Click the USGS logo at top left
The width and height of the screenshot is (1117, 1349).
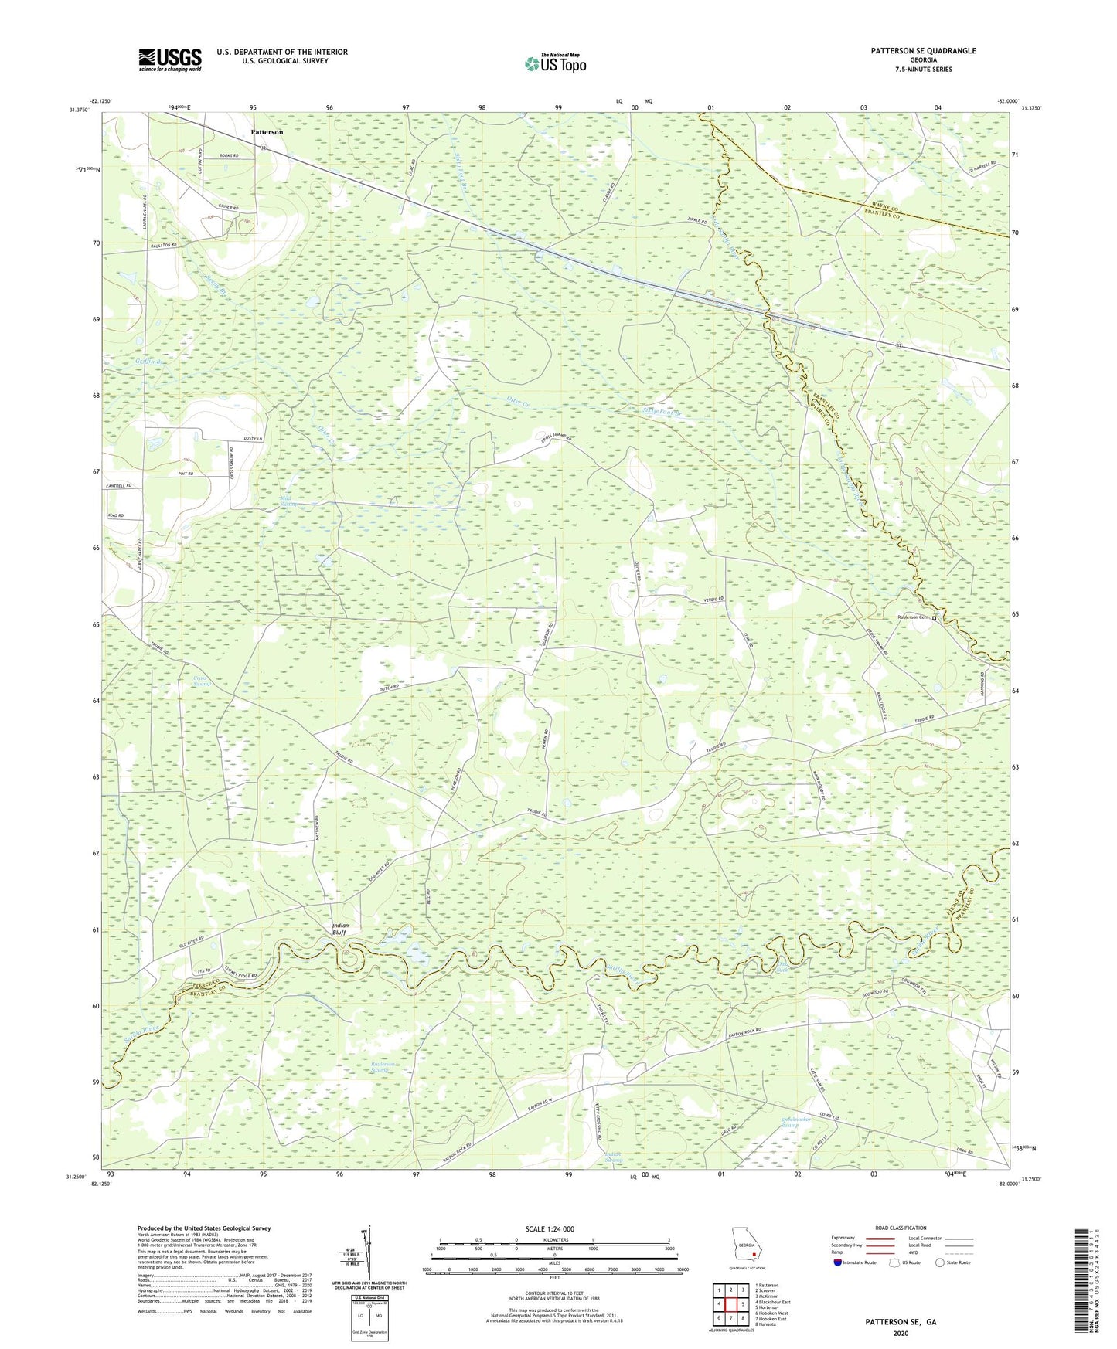pos(170,59)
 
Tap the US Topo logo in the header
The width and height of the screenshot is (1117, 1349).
pos(555,63)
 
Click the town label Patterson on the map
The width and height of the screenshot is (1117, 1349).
pos(267,132)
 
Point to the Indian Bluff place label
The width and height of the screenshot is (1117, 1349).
pos(340,929)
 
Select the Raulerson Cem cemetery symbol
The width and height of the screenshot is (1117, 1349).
pos(934,618)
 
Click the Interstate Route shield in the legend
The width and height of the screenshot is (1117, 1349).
pos(838,1262)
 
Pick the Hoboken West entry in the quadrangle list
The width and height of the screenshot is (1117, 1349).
pos(773,1313)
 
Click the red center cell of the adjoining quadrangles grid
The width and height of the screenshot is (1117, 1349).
pos(730,1303)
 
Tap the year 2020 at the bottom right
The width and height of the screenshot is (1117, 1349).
pos(900,1334)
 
